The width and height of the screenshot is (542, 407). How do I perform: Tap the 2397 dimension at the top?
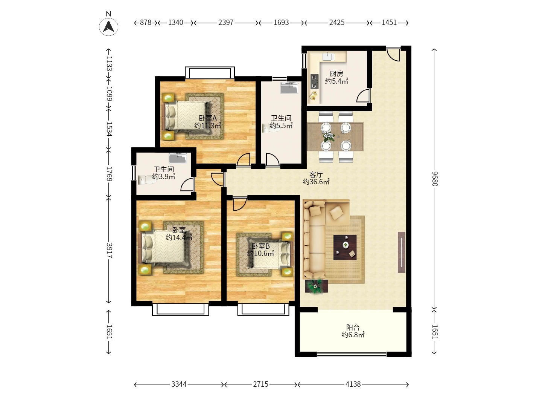point(226,23)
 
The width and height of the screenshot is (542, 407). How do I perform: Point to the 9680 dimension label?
point(435,179)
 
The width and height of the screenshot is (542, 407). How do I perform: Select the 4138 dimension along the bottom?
point(353,384)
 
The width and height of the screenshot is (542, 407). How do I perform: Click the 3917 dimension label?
point(109,250)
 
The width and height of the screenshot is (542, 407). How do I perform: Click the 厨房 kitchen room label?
point(336,73)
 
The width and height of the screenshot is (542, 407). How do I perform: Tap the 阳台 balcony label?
point(353,327)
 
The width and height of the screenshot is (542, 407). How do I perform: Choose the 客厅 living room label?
point(316,174)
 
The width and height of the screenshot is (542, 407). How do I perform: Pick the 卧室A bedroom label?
point(208,118)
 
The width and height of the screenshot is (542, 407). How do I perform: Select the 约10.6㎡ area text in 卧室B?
point(260,253)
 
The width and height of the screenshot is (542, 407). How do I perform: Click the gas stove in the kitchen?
point(314,81)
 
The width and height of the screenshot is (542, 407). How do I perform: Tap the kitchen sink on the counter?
point(328,57)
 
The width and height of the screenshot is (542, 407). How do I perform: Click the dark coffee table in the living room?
point(345,247)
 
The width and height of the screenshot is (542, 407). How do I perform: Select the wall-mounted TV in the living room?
point(402,252)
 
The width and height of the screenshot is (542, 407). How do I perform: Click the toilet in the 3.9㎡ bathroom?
point(147,180)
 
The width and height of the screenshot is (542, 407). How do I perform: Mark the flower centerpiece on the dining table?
point(329,137)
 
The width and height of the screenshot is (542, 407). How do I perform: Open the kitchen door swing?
point(363,96)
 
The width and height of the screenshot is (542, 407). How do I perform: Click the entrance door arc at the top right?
point(393,54)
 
